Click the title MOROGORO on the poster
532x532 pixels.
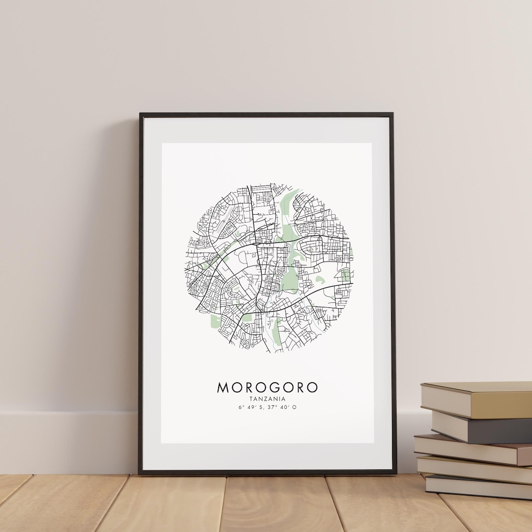pos(267,387)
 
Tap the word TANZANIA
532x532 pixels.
pos(267,399)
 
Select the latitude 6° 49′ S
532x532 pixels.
pos(250,407)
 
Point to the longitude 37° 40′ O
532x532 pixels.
pos(284,407)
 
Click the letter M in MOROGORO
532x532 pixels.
pos(223,387)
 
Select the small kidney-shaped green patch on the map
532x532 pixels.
pos(320,281)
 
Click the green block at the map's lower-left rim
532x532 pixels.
pos(216,321)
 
